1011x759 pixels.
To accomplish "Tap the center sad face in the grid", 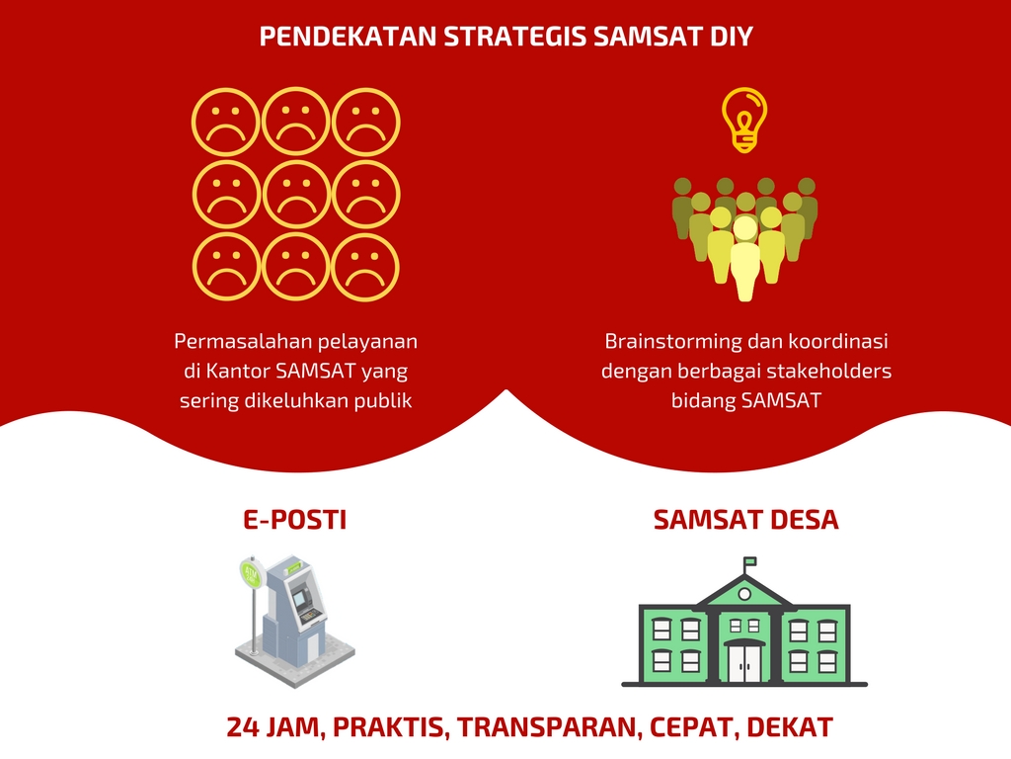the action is tap(296, 195).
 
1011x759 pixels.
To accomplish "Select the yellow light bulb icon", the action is tap(744, 120).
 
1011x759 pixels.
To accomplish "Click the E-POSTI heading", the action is tap(294, 520).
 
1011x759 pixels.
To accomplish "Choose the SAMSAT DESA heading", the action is tap(746, 520).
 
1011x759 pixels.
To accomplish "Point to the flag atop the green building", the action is tap(750, 562).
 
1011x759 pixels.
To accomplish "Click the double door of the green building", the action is tap(744, 663).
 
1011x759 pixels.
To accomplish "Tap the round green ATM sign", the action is tap(251, 574).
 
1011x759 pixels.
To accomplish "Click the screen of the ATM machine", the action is tap(300, 598).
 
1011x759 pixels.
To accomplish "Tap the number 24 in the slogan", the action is tap(243, 727).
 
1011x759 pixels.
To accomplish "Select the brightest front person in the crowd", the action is tap(744, 258).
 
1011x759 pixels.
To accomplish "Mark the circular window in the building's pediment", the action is tap(744, 594).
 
